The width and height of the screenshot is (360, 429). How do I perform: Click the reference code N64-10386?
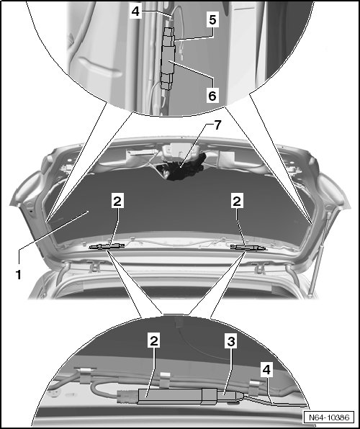pos(329,417)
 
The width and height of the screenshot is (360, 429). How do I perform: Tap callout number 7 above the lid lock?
pos(217,125)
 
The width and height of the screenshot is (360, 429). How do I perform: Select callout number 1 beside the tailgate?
pos(19,275)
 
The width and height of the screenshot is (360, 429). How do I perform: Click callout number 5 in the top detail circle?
pos(212,20)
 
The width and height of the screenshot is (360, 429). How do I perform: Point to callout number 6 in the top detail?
pos(212,96)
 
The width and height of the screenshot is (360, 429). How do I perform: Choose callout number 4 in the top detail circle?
pos(136,12)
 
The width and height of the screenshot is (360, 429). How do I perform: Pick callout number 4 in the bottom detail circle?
pos(266,370)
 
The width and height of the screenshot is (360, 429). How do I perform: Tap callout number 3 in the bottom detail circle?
pos(231,341)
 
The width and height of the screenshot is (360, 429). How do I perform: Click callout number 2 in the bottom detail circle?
pos(154,341)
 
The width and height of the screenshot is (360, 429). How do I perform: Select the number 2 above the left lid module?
pos(117,201)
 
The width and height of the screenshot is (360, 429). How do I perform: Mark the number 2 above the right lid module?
pos(237,201)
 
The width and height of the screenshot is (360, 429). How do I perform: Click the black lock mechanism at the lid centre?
pos(183,168)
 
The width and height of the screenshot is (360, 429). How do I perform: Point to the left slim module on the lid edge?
pos(107,246)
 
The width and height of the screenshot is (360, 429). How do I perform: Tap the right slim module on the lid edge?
pos(248,248)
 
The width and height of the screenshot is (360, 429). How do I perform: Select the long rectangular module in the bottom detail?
pos(170,396)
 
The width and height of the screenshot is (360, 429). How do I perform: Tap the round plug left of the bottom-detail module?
pos(127,396)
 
